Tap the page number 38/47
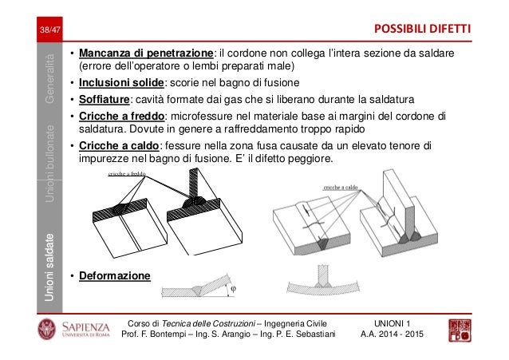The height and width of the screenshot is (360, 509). click(x=49, y=31)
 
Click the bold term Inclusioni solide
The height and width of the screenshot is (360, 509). click(x=120, y=82)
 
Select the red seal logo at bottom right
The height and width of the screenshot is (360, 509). click(x=462, y=329)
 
